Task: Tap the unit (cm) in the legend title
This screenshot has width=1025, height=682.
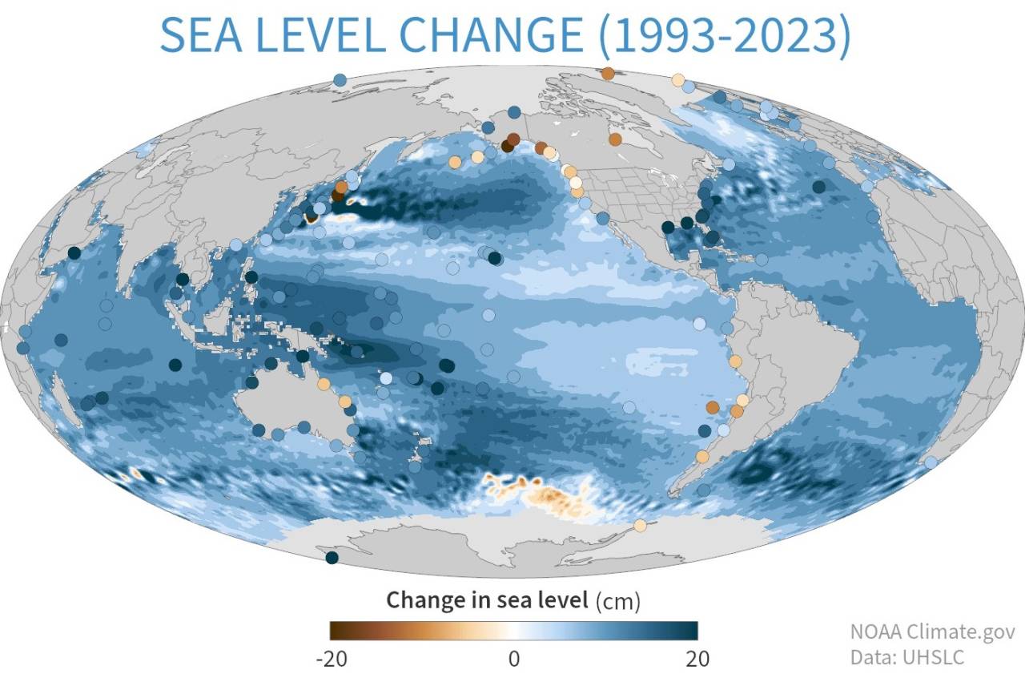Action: coord(618,599)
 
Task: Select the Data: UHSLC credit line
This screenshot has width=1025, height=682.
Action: coord(907,656)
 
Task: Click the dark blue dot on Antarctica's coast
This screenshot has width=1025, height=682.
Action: coord(332,557)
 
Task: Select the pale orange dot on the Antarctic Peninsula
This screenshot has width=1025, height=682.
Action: coord(640,525)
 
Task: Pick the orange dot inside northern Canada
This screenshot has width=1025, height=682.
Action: coord(614,139)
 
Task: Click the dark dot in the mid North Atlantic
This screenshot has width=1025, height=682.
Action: coord(818,187)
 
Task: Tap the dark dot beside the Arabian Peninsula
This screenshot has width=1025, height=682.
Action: coord(74,252)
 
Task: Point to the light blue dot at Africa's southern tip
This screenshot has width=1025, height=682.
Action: coord(931,462)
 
